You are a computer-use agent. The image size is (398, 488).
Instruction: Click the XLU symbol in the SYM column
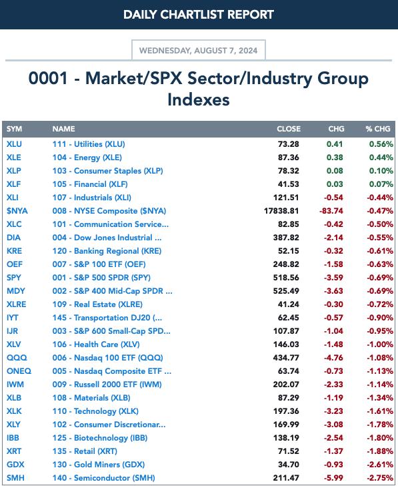click(14, 144)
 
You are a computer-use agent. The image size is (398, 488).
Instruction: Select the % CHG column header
click(378, 129)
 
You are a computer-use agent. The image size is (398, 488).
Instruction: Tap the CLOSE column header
click(289, 129)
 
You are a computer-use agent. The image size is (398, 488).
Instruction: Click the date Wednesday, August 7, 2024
click(198, 51)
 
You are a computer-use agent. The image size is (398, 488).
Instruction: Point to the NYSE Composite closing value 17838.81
click(281, 211)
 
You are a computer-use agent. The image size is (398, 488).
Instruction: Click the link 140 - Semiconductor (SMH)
click(103, 478)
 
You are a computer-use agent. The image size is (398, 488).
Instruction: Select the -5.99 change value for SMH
click(333, 478)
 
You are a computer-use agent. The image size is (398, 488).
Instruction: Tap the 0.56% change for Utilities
click(381, 144)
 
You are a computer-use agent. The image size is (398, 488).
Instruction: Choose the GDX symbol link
click(15, 465)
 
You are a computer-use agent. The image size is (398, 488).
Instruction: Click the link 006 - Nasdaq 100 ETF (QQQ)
click(107, 358)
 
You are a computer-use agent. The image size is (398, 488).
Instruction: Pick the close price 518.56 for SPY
click(286, 278)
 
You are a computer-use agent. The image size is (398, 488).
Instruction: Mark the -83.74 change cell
click(331, 211)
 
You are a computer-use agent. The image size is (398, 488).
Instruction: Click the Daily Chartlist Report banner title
click(199, 15)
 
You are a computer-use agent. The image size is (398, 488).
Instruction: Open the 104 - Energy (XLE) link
click(87, 158)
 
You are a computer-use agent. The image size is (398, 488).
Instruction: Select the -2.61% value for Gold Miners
click(380, 465)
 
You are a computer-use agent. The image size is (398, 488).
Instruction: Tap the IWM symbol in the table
click(15, 385)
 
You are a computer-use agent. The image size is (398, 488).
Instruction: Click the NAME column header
click(63, 129)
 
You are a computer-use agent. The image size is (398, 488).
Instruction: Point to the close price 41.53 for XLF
click(288, 184)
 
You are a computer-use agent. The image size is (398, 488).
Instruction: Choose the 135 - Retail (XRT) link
click(85, 451)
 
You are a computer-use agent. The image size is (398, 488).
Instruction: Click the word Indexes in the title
click(199, 100)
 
